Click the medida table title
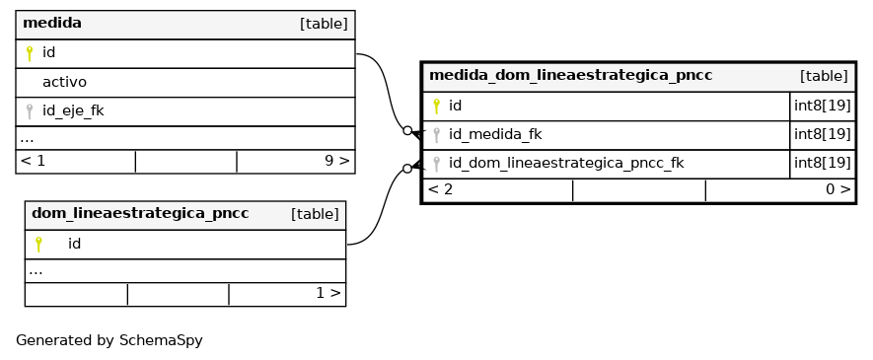[x=52, y=24]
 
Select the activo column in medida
[x=64, y=82]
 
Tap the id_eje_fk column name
[x=73, y=110]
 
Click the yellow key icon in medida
[x=30, y=53]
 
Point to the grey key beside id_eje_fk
[x=30, y=111]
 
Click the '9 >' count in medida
[x=336, y=161]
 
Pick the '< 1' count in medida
[x=33, y=161]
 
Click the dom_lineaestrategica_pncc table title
[x=140, y=214]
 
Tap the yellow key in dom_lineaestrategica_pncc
[x=38, y=245]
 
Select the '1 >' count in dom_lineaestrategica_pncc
[x=327, y=293]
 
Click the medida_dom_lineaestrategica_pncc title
[x=571, y=75]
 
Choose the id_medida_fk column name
[x=495, y=135]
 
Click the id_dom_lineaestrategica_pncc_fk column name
[x=566, y=164]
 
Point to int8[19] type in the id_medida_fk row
[x=823, y=135]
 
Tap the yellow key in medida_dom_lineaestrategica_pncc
[x=436, y=106]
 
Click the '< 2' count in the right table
[x=440, y=189]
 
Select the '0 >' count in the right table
[x=838, y=189]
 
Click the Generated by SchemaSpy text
[x=109, y=340]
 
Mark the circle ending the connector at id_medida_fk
[x=407, y=131]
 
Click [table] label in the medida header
[x=324, y=24]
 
